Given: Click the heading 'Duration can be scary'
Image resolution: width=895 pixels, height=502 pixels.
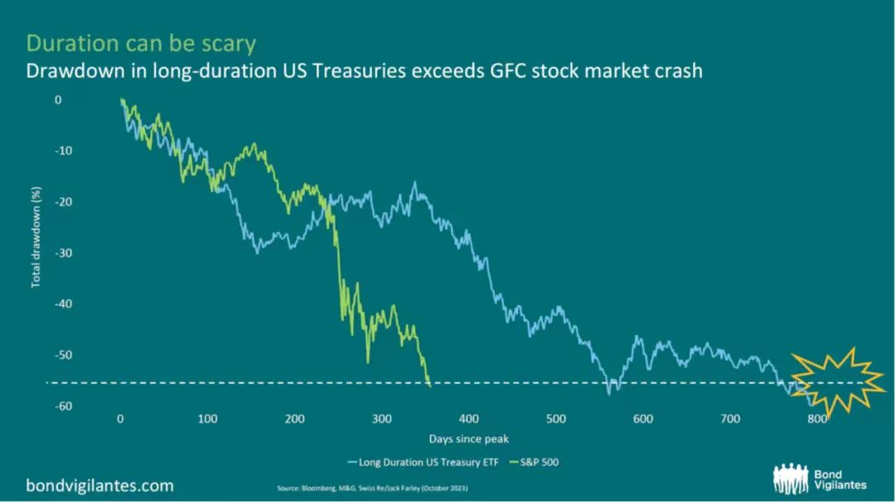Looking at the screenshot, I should point(142,43).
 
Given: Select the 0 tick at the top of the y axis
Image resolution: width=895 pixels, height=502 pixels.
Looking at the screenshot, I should point(58,99).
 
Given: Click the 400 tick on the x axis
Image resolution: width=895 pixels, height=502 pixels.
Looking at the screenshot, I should point(469,418).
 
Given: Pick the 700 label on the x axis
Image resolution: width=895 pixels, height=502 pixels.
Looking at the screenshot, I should point(730,418).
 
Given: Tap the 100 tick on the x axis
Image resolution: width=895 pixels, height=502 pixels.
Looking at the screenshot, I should point(207,418).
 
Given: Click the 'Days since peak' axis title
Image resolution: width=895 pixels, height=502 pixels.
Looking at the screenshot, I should point(468,438).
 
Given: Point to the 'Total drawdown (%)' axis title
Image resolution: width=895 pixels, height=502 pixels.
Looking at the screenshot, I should point(36,238).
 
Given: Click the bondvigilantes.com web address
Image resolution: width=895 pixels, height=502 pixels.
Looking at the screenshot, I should point(99,484).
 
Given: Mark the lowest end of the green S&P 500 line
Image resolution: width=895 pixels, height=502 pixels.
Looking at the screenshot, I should point(429,384).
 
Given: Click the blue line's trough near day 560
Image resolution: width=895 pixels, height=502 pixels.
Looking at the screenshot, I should point(610,392).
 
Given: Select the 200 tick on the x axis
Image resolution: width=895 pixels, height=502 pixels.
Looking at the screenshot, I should point(294,418).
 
